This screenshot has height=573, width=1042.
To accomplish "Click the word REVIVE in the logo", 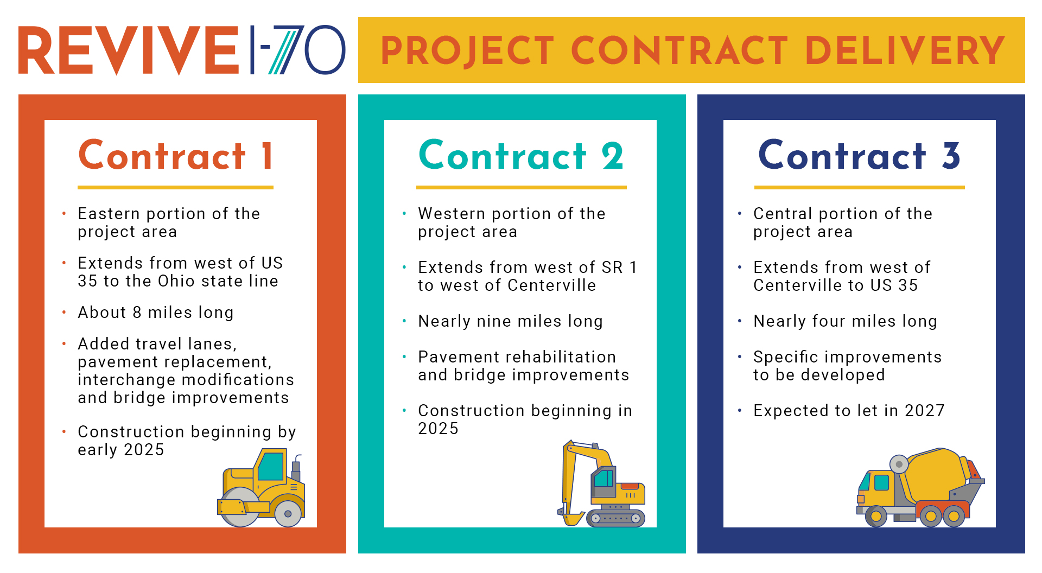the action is (129, 50).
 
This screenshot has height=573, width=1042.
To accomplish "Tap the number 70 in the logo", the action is (308, 50).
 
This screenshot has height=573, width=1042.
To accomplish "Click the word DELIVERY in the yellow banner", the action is (905, 50).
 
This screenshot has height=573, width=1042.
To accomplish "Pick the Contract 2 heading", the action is (521, 156).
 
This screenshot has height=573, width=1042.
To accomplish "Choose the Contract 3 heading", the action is (859, 156).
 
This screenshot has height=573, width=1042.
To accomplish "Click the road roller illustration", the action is (261, 487).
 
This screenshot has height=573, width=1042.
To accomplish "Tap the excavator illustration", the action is (601, 483).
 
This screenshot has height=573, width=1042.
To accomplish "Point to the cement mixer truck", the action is (920, 487).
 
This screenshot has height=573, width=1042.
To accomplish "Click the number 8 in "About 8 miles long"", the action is (137, 313).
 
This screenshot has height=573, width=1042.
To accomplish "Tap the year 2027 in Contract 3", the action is (925, 411).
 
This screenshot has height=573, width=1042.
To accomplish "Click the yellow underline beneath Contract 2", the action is (522, 187).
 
